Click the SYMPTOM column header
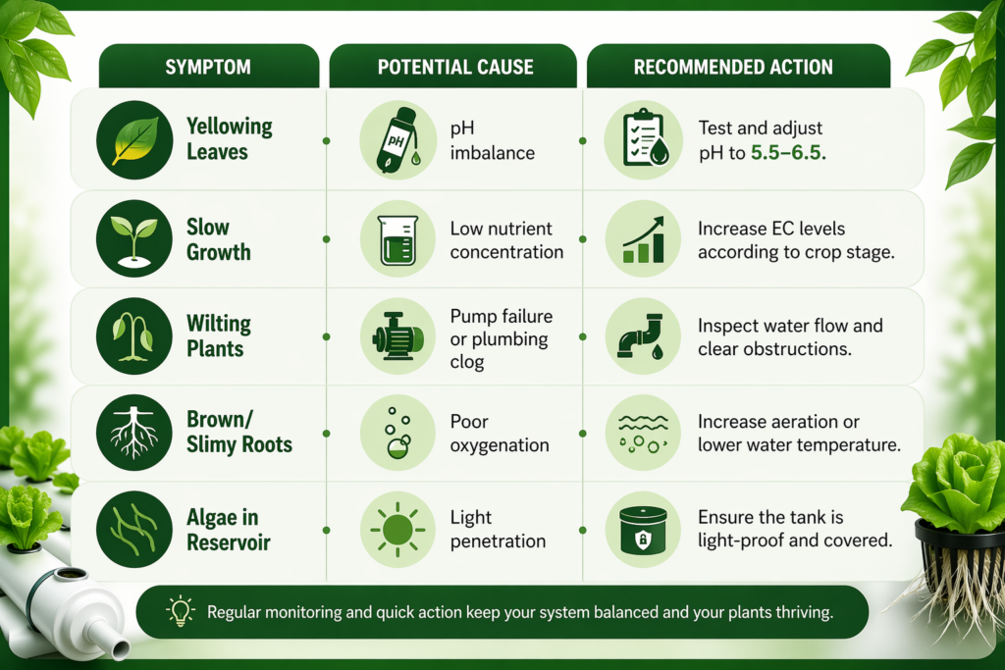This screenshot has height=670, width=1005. (209, 68)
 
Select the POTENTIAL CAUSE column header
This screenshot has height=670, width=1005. (455, 68)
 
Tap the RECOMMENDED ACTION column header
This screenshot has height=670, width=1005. (733, 68)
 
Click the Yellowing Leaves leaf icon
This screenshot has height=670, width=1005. (133, 139)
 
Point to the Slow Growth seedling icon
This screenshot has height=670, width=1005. (133, 238)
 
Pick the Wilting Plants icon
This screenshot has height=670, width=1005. (133, 336)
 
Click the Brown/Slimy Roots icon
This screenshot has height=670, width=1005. (133, 433)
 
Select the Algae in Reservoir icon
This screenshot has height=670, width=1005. (133, 530)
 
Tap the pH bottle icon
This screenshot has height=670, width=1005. (397, 139)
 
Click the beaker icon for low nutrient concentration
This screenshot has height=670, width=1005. (397, 238)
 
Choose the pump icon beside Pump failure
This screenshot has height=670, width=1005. (397, 336)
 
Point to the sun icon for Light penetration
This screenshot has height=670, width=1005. (397, 530)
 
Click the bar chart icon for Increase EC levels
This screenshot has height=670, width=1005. (643, 238)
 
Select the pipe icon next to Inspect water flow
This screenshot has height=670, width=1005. (643, 336)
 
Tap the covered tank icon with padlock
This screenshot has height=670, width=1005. (643, 530)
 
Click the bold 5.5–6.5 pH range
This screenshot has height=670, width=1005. (788, 153)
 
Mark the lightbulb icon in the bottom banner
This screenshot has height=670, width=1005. (180, 612)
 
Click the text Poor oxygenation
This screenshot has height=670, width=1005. (499, 433)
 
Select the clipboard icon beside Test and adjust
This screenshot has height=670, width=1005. (643, 139)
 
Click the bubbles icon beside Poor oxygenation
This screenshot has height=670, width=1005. (397, 433)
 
